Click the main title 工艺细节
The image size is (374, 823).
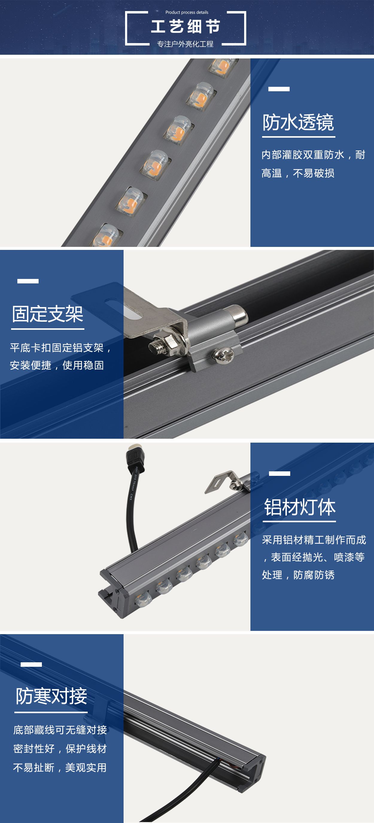186,26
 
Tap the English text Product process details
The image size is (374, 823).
187,13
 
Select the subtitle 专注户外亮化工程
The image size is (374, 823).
185,44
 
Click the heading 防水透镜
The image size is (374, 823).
298,122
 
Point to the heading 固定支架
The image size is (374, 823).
48,314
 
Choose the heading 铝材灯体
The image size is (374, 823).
299,507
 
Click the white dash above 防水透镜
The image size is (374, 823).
279,89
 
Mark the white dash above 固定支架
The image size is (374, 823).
28,281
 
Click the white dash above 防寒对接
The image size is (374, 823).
31,664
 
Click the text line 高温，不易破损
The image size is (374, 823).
298,173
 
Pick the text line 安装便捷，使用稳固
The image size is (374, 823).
57,365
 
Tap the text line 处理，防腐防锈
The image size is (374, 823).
298,575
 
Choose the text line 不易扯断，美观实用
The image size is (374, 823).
60,768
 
